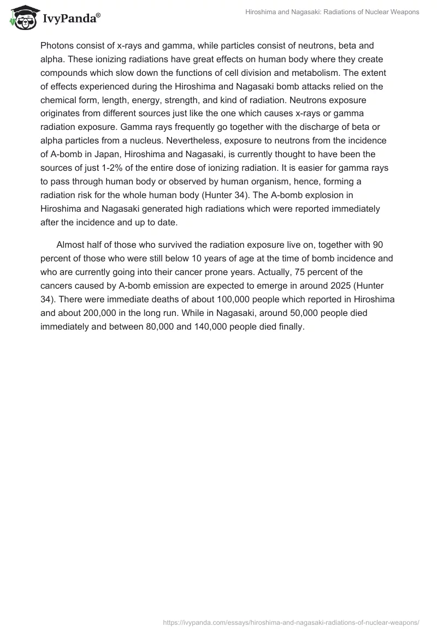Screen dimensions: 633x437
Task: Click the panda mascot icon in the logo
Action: tap(22, 18)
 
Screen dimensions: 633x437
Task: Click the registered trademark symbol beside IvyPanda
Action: tap(98, 14)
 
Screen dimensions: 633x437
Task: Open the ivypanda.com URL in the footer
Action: tap(291, 622)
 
